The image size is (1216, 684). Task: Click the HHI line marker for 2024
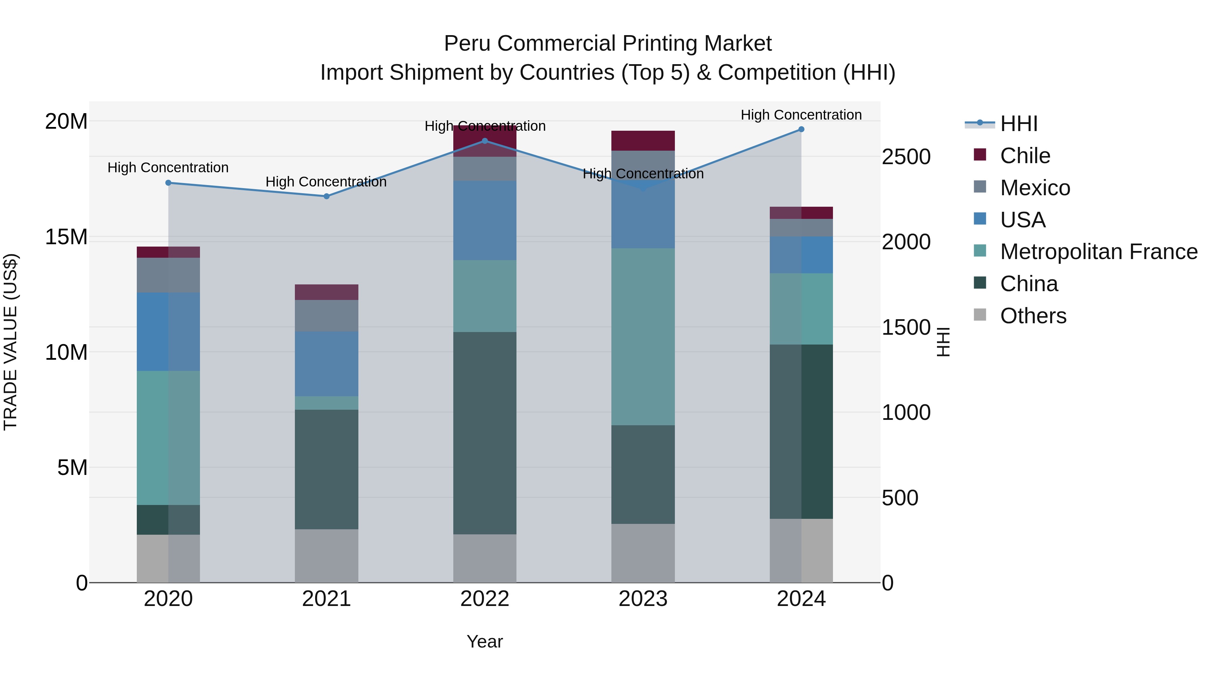801,129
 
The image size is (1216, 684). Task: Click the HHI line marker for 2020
168,183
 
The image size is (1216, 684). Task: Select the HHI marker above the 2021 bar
326,196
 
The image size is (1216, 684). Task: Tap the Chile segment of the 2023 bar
643,141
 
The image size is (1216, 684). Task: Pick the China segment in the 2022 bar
485,433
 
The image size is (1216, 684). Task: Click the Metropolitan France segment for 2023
643,336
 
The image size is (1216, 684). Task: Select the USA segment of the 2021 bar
326,363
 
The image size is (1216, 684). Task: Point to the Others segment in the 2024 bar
801,551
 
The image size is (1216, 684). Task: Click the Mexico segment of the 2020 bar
168,275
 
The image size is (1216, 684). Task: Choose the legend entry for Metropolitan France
1098,252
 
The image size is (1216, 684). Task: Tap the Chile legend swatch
980,155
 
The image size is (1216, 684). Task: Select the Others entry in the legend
1033,316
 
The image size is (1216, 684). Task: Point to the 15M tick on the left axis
66,237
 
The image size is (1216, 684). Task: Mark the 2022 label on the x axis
485,599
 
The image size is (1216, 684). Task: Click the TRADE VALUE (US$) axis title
10,342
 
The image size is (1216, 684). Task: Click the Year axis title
485,641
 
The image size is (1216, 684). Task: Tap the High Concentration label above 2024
801,115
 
